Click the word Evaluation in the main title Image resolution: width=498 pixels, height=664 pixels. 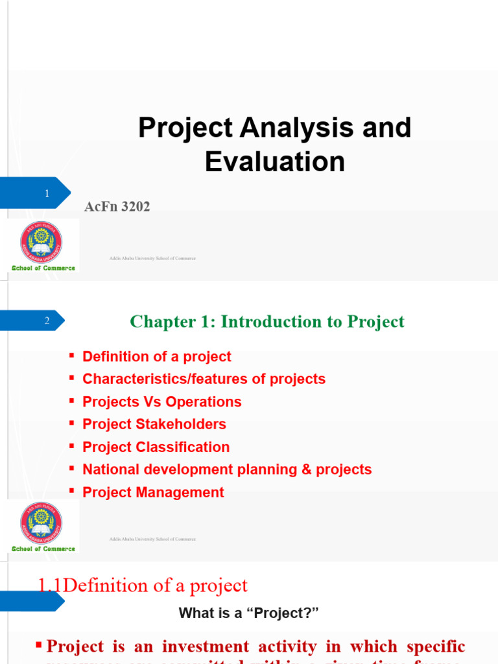click(x=275, y=161)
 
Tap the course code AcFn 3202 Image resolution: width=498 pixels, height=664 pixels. click(x=117, y=207)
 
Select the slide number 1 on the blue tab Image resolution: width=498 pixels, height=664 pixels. click(x=47, y=194)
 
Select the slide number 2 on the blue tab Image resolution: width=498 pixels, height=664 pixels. click(x=47, y=321)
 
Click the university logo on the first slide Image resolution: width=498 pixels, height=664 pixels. click(x=41, y=243)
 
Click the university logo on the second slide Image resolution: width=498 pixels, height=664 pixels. click(x=41, y=523)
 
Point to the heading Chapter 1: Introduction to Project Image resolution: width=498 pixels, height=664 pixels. click(x=267, y=322)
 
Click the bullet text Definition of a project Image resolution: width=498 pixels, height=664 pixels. click(x=157, y=357)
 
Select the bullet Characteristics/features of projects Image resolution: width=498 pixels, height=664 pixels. click(x=204, y=379)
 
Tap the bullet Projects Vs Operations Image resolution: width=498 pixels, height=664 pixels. click(x=162, y=402)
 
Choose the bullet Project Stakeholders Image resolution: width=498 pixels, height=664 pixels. click(x=154, y=425)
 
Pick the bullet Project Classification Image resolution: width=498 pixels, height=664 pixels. click(x=156, y=447)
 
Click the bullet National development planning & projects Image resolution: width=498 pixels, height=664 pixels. click(x=227, y=469)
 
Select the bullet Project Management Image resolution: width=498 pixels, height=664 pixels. click(x=153, y=492)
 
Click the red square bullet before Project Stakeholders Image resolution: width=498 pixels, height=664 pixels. click(x=72, y=424)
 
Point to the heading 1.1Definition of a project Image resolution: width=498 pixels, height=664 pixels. click(x=143, y=586)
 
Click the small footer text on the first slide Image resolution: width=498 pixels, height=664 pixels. click(x=152, y=258)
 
